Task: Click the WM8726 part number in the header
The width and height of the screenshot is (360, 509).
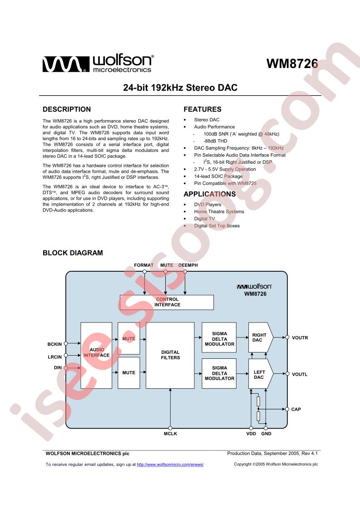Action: pyautogui.click(x=292, y=64)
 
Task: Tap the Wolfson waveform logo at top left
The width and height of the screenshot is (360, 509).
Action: pyautogui.click(x=66, y=64)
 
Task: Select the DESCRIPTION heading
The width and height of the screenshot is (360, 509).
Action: pyautogui.click(x=67, y=109)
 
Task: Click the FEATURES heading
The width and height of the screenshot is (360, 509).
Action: pyautogui.click(x=202, y=109)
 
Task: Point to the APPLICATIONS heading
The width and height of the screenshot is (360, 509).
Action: pyautogui.click(x=210, y=194)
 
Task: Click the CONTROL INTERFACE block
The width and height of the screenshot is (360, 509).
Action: pyautogui.click(x=167, y=302)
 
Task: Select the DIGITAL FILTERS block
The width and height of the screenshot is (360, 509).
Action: pyautogui.click(x=170, y=355)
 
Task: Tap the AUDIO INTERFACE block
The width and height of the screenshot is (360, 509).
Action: pyautogui.click(x=96, y=355)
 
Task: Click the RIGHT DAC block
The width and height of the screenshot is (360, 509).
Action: pyautogui.click(x=261, y=337)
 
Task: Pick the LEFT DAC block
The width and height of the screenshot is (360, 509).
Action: pyautogui.click(x=261, y=374)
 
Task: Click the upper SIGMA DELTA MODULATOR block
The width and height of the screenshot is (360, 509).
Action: pyautogui.click(x=219, y=337)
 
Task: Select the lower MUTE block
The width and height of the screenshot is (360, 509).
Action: pyautogui.click(x=128, y=372)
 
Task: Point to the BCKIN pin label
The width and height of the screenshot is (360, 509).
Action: pyautogui.click(x=54, y=344)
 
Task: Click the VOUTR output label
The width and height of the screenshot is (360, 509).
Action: pyautogui.click(x=300, y=338)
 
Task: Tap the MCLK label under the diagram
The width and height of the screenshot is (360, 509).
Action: pyautogui.click(x=170, y=434)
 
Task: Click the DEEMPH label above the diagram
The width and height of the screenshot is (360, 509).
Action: pyautogui.click(x=188, y=265)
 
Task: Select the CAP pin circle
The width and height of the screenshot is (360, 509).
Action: pyautogui.click(x=287, y=409)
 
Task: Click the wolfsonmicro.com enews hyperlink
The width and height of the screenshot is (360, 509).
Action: pyautogui.click(x=170, y=465)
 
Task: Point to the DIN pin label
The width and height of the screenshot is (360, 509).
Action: pyautogui.click(x=58, y=368)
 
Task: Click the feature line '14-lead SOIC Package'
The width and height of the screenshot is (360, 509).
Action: pyautogui.click(x=218, y=176)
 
